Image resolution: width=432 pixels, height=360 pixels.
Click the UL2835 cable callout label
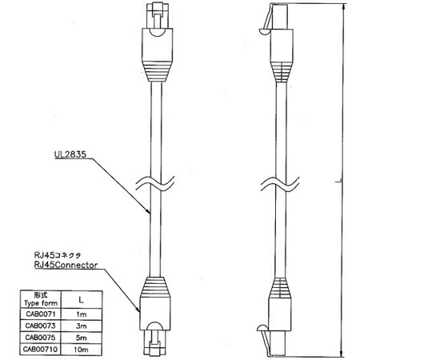click(x=70, y=154)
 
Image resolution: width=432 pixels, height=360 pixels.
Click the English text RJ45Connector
click(x=66, y=265)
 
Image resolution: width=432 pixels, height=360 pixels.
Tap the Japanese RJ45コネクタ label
click(x=58, y=255)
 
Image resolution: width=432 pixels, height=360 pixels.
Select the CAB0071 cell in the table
click(x=41, y=314)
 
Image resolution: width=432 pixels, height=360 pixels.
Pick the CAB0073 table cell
click(x=41, y=326)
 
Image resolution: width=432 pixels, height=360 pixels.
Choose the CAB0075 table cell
click(x=41, y=338)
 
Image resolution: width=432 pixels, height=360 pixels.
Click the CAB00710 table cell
click(x=41, y=350)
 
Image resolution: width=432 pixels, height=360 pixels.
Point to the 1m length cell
click(x=82, y=314)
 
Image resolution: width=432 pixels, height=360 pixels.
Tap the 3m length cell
click(x=82, y=326)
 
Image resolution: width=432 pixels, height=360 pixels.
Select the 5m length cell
click(x=82, y=338)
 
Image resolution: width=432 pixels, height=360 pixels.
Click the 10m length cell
click(x=82, y=350)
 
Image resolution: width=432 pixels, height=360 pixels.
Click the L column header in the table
click(x=82, y=299)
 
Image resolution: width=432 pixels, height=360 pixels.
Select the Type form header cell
click(x=41, y=299)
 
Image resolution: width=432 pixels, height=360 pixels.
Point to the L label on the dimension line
click(x=338, y=181)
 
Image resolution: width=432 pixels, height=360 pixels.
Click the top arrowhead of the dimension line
click(x=342, y=7)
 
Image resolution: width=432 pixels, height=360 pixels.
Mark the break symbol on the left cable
click(x=155, y=183)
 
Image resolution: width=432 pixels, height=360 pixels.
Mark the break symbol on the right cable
click(x=280, y=183)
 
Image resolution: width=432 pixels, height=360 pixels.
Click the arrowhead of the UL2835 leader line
click(x=149, y=211)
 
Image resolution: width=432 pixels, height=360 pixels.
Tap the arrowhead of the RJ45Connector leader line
click(x=138, y=310)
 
